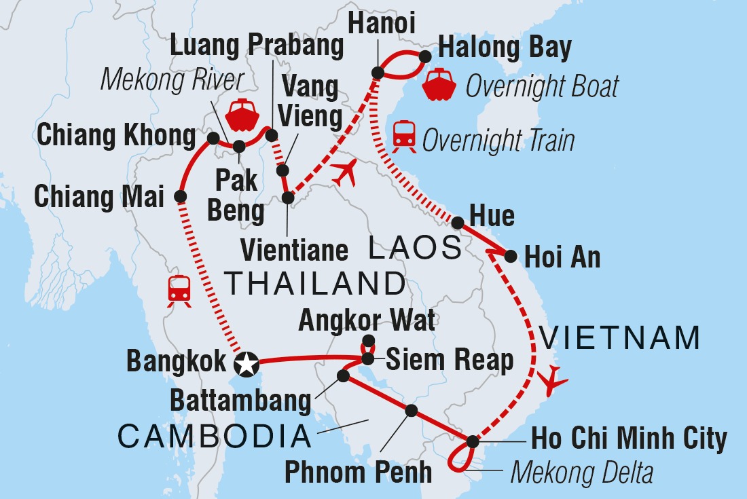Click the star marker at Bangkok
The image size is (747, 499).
point(245,365)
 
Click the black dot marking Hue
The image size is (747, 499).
point(458,222)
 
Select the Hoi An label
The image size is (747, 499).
point(561,258)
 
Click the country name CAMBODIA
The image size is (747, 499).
point(215,437)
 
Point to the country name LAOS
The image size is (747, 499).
point(415,249)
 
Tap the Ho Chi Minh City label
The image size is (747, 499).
point(630,439)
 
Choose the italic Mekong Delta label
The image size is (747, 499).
point(581,473)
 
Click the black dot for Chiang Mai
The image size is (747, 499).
point(181,197)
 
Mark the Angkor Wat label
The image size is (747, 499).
point(368,319)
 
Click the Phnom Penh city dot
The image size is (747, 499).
point(411,410)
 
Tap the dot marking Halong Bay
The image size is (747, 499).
point(426,56)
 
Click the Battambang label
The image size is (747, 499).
point(240,401)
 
